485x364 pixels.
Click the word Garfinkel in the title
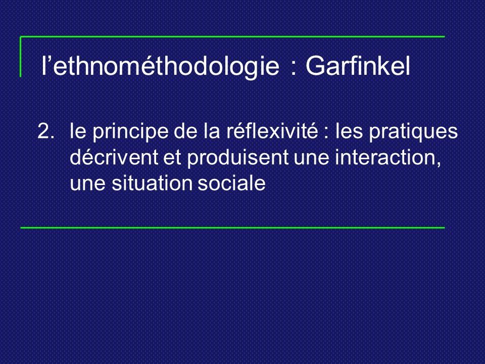click(358, 66)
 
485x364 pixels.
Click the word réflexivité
click(272, 131)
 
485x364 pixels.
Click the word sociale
click(232, 183)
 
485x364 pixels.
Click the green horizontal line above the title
click(232, 36)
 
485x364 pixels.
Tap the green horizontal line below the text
click(232, 228)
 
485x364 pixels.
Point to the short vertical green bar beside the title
click(21, 57)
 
